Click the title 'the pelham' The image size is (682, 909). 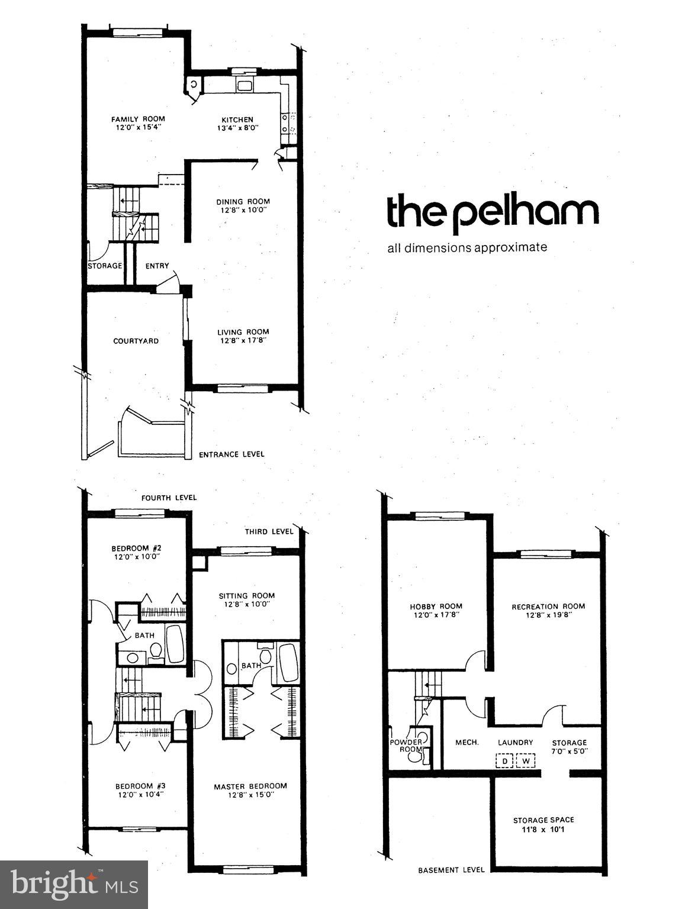(x=492, y=212)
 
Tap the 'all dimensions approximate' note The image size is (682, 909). (x=467, y=247)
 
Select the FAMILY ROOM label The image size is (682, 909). (x=138, y=119)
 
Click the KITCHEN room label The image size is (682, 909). (x=237, y=120)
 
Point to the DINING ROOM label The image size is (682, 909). (x=243, y=201)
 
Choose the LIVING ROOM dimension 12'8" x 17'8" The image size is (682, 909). (x=243, y=340)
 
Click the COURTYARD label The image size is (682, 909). (x=136, y=341)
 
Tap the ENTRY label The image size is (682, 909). (x=157, y=266)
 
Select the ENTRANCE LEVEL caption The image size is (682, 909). (x=231, y=454)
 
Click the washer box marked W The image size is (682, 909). (x=525, y=760)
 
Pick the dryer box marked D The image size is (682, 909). (x=504, y=760)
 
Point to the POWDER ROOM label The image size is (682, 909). (x=406, y=746)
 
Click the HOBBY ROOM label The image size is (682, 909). (x=436, y=606)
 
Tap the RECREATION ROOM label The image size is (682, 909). (x=548, y=606)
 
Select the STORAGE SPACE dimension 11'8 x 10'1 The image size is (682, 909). (x=543, y=829)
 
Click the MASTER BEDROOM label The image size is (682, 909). (x=250, y=786)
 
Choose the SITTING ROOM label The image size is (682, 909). (x=247, y=595)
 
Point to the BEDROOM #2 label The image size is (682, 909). (x=137, y=547)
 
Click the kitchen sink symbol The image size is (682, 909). (x=245, y=86)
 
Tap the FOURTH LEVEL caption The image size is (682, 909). (x=169, y=498)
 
